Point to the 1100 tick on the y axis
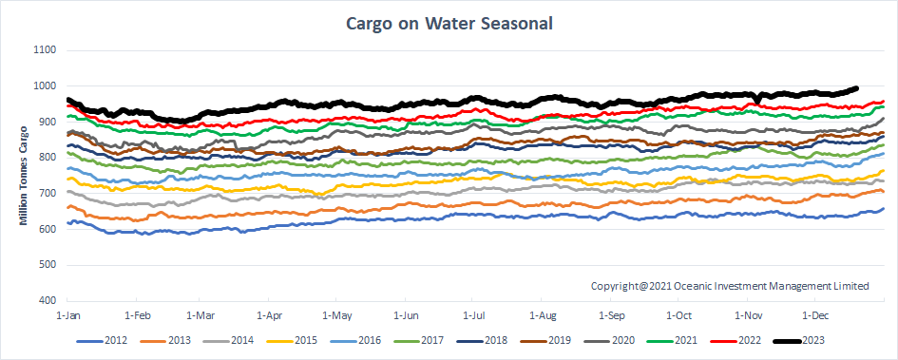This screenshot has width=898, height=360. [45, 50]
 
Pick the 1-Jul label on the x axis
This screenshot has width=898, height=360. [475, 313]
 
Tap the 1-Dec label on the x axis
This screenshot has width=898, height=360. [815, 313]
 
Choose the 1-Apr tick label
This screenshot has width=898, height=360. [272, 313]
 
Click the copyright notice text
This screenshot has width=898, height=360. [730, 285]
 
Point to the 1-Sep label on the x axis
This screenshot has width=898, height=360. [611, 313]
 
